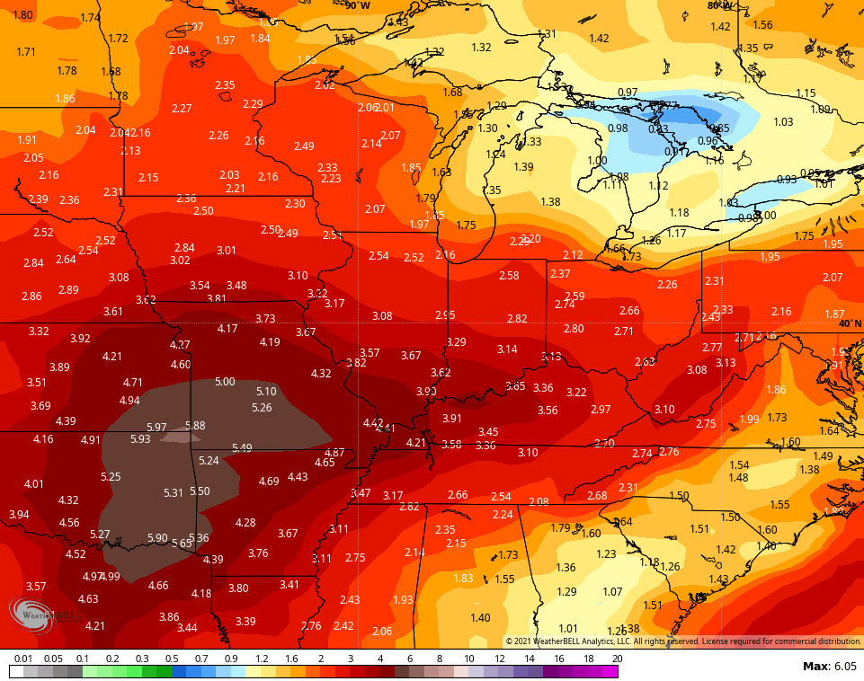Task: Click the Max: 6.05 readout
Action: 830,666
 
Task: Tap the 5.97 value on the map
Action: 156,427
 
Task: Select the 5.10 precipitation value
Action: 266,391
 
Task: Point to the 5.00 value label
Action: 225,382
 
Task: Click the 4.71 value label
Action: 132,382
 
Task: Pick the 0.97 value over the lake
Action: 628,93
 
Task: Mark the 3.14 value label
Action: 507,349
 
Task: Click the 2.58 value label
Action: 509,275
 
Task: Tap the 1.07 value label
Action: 612,591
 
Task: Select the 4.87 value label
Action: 334,452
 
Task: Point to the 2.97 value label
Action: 601,409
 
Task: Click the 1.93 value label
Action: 403,599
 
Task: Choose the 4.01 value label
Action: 33,483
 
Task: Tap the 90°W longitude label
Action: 357,5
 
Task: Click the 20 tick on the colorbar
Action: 616,659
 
